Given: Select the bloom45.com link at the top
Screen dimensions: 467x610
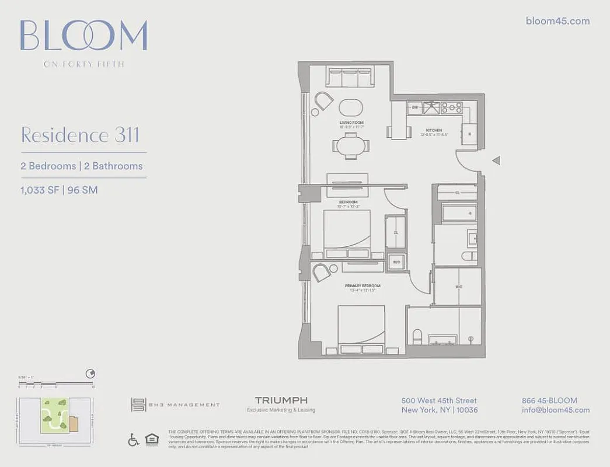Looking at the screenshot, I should click(557, 21).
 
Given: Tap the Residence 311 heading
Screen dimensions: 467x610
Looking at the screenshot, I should click(80, 135).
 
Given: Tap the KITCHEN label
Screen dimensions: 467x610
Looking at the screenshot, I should click(434, 130).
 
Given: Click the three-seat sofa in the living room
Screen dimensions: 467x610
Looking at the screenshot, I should click(350, 78).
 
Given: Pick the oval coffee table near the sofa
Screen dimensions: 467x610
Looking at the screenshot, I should click(351, 107).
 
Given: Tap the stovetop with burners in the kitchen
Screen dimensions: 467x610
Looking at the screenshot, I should click(452, 107).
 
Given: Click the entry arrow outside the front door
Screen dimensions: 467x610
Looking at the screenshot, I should click(496, 160).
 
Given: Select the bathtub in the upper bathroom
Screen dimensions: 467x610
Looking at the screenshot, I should click(459, 212).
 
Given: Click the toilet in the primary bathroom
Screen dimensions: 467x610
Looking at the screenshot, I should click(417, 337).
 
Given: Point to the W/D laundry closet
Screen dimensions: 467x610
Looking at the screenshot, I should click(396, 262).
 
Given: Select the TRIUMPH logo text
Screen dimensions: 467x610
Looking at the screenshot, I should click(281, 400).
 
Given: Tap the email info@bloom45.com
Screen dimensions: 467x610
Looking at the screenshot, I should click(556, 410).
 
